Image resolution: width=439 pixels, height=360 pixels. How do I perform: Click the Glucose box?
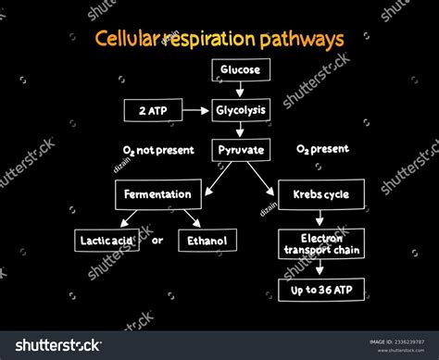coord(241,69)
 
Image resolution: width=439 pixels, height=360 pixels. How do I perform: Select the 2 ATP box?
coord(152,110)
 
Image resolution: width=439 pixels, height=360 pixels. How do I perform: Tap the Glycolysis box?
coord(241,110)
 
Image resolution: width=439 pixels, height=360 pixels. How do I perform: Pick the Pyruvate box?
coord(241,149)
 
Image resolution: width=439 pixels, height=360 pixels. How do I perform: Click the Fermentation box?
coord(157,194)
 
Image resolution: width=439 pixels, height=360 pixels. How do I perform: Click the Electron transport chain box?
coord(320,242)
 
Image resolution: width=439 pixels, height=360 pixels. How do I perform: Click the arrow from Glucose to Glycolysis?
coord(241,89)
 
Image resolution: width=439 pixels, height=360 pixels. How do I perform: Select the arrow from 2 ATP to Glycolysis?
coord(197,110)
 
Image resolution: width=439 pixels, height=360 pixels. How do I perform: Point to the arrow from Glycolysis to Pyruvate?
coord(241,130)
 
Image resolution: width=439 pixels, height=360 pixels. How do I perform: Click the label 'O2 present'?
coord(321,149)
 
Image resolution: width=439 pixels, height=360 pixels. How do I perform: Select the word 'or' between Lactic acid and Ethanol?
coord(157,241)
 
